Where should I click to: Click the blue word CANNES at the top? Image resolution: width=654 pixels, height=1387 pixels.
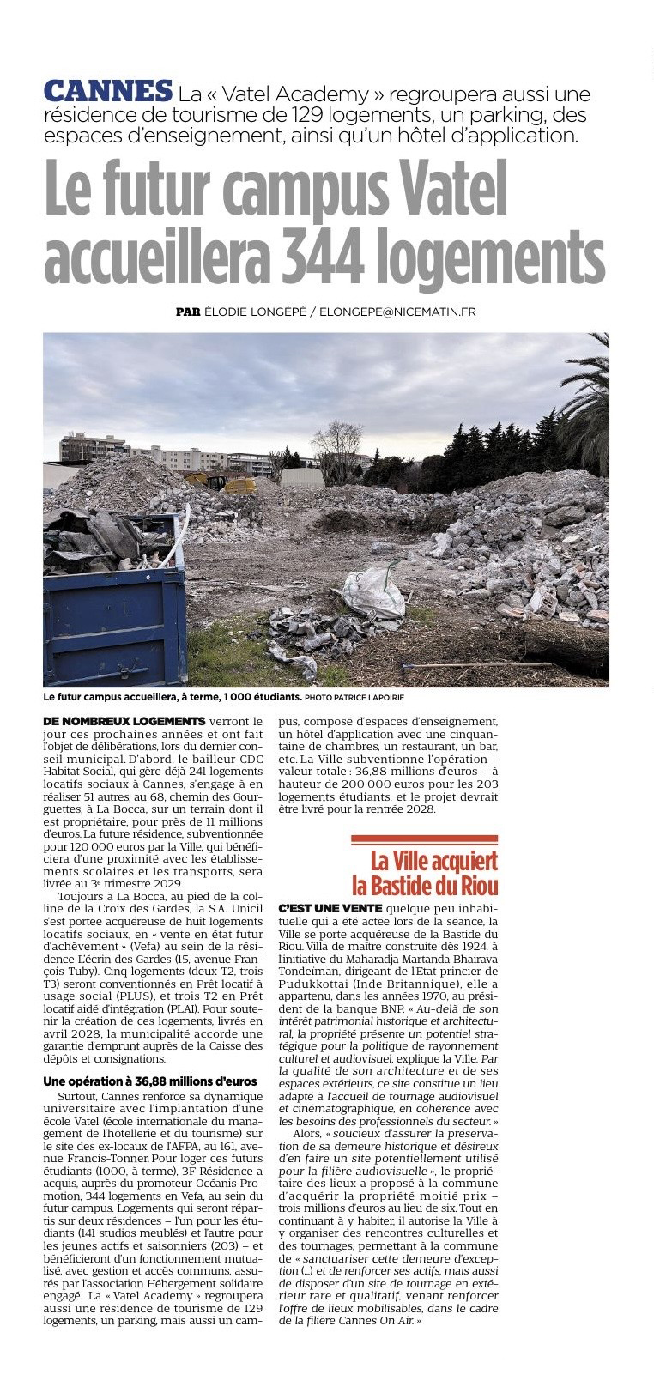point(108,91)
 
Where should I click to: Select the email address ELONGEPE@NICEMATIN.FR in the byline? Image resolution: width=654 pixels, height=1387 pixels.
point(397,312)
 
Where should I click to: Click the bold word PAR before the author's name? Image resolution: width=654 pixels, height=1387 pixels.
point(188,312)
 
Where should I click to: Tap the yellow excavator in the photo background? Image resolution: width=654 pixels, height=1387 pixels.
point(239,485)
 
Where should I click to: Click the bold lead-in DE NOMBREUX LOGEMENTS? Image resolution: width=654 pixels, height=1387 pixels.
point(124,721)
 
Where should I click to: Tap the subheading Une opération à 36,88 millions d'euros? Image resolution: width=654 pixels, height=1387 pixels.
point(150,1081)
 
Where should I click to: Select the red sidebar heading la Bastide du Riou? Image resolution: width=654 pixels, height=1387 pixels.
point(425,885)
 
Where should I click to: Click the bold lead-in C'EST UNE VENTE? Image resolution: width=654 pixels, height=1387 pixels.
point(330,908)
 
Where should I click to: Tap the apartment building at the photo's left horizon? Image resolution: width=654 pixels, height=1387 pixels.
point(93,447)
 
